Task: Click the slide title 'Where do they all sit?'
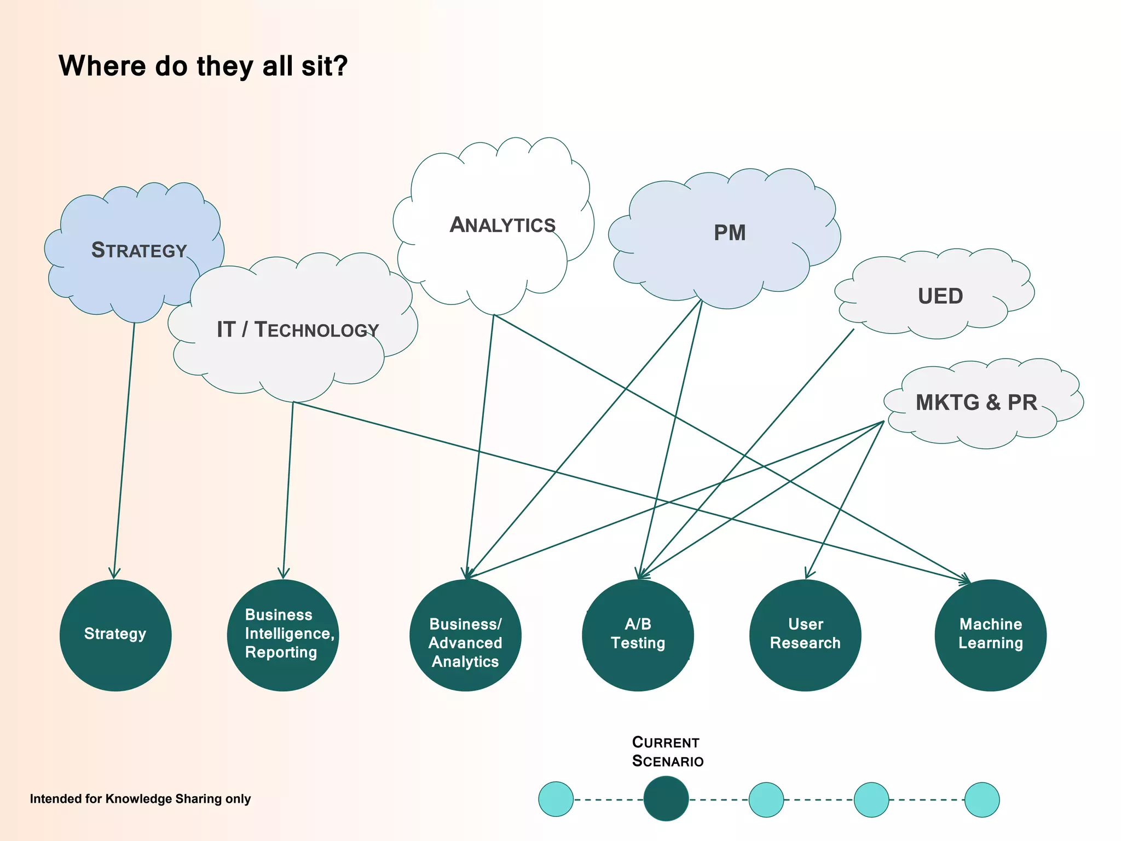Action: [203, 66]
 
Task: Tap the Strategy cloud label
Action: [139, 250]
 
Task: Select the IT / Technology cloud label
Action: [298, 330]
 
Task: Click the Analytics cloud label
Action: [502, 225]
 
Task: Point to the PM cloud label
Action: [730, 233]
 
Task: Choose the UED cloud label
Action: [940, 296]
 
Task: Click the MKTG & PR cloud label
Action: [976, 402]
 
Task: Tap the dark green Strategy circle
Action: [115, 635]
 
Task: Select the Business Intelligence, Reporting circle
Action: [283, 635]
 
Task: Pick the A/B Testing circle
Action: [638, 635]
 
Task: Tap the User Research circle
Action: [805, 635]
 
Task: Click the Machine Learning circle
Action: [990, 635]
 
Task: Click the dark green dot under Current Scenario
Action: [666, 799]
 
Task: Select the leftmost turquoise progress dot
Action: [556, 799]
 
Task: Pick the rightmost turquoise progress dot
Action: [982, 799]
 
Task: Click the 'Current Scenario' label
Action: [667, 752]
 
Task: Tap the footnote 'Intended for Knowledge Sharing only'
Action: [140, 799]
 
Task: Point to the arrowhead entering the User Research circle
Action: [807, 575]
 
